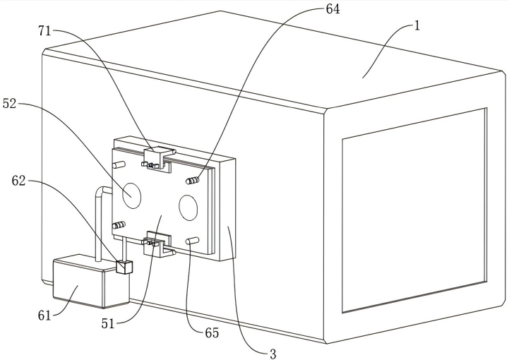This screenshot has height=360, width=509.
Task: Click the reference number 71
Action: [44, 31]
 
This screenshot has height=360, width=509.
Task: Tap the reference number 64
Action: [333, 9]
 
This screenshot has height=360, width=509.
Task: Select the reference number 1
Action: [417, 26]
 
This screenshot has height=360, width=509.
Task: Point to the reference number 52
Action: [9, 104]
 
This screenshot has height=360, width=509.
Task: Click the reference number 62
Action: [18, 181]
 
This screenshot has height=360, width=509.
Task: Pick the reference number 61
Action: [44, 316]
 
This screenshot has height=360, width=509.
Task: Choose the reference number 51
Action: [108, 323]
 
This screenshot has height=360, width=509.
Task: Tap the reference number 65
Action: [212, 333]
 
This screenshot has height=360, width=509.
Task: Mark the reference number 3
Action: [273, 354]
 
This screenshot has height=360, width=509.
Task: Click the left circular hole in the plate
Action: [132, 196]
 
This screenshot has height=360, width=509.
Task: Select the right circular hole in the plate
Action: [188, 208]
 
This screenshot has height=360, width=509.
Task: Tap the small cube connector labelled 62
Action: [124, 267]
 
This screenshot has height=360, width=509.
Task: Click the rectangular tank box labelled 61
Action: [91, 281]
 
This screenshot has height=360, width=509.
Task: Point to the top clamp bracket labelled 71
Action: [157, 159]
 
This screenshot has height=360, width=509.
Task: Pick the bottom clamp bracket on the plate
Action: [158, 244]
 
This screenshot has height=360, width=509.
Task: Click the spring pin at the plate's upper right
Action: [192, 180]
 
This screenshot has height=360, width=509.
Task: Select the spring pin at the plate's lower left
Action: [119, 225]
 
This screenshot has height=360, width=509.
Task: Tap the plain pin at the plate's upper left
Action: [118, 164]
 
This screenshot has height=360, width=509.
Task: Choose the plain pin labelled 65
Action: [193, 241]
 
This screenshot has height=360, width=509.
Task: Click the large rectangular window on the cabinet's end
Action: [414, 210]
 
